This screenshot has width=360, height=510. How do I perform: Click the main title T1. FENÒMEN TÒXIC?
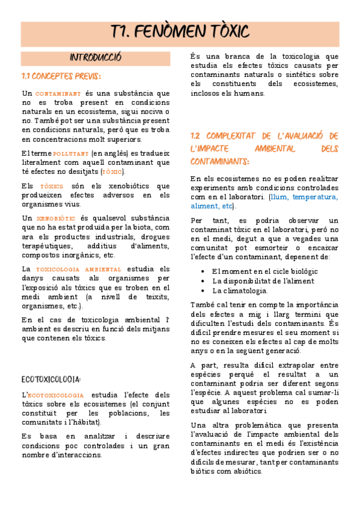coord(180,34)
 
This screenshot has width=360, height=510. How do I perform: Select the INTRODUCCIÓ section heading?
coord(96,58)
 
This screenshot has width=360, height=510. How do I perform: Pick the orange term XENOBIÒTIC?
coord(56,218)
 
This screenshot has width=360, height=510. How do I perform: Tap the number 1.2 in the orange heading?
coord(199,136)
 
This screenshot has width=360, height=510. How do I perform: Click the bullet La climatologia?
coord(240,290)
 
